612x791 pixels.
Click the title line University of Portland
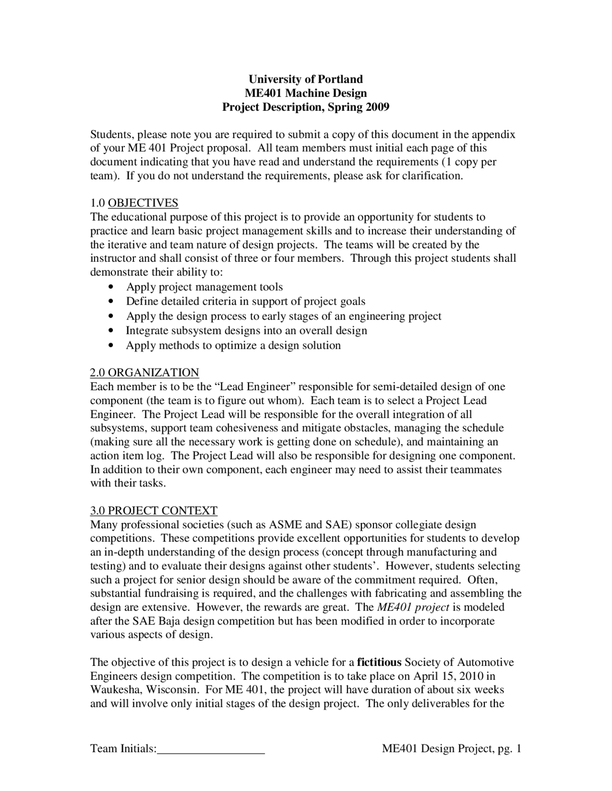(x=306, y=79)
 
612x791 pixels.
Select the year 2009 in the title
(x=378, y=107)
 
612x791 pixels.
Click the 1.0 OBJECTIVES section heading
(x=134, y=203)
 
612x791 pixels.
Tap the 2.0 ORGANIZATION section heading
(x=144, y=373)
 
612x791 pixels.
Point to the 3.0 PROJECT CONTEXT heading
(x=153, y=511)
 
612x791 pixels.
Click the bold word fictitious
(x=379, y=662)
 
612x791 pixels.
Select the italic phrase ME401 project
(x=413, y=607)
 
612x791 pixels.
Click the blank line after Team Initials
(x=211, y=748)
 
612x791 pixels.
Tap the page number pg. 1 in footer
(x=509, y=748)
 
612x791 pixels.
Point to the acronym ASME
(x=285, y=524)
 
